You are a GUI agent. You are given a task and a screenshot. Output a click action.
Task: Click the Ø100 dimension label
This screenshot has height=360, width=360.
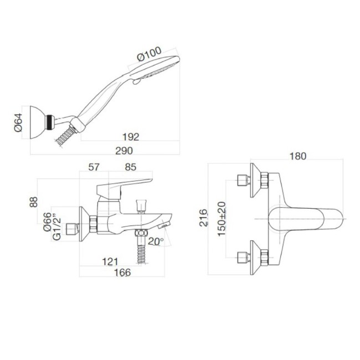[149, 56]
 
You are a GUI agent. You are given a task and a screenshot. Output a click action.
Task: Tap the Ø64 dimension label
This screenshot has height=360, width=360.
[18, 121]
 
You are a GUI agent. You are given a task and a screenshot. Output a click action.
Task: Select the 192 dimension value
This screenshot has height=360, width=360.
[131, 137]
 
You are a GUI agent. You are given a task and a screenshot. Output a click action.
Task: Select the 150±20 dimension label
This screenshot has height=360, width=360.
[222, 218]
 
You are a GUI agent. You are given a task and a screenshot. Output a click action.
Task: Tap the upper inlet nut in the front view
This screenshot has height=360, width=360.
[241, 181]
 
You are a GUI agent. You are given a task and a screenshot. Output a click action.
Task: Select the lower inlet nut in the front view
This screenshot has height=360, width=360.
[241, 256]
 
